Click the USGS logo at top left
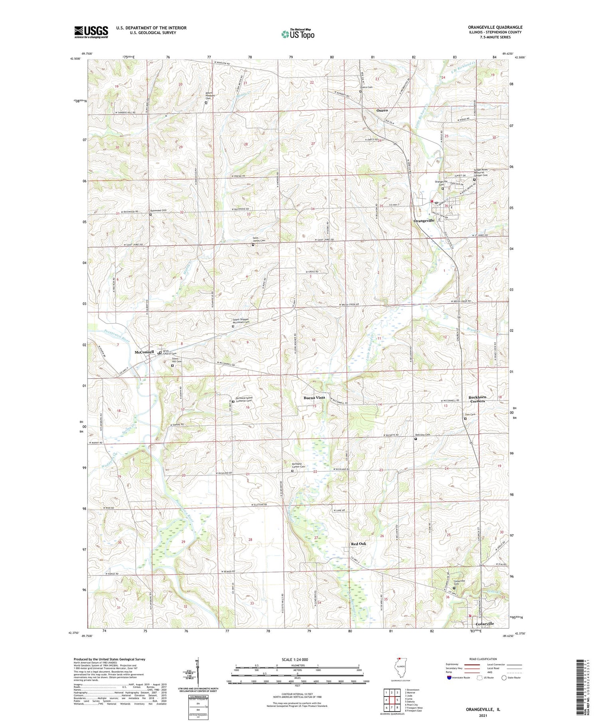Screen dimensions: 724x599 point(91,32)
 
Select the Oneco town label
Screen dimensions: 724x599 point(382,110)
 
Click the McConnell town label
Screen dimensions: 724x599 point(144,352)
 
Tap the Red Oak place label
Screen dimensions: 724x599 point(358,544)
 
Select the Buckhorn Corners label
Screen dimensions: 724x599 point(477,399)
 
